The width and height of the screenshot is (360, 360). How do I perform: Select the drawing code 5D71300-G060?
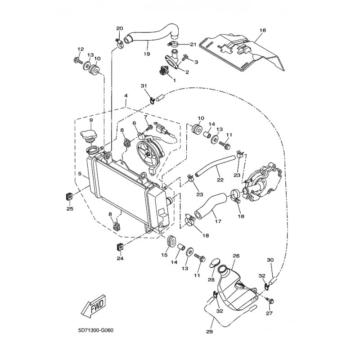(x=96, y=331)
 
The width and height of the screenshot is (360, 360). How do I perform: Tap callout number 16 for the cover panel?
(x=263, y=30)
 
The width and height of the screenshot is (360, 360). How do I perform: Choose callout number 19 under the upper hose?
(x=147, y=54)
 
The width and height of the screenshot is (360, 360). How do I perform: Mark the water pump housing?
(x=262, y=183)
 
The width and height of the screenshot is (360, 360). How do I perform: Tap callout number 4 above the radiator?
(x=126, y=95)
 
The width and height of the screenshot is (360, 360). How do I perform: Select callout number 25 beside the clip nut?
(x=70, y=208)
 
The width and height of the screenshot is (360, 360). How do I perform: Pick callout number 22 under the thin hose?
(x=220, y=180)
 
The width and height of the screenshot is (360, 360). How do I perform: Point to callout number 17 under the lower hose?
(x=218, y=221)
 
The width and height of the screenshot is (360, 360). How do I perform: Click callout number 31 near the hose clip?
(x=144, y=86)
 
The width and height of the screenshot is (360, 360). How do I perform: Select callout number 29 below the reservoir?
(x=210, y=332)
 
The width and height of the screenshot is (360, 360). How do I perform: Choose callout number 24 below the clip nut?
(x=120, y=258)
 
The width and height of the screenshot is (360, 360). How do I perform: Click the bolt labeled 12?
(x=78, y=61)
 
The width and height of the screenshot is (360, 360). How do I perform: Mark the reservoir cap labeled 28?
(x=215, y=263)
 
